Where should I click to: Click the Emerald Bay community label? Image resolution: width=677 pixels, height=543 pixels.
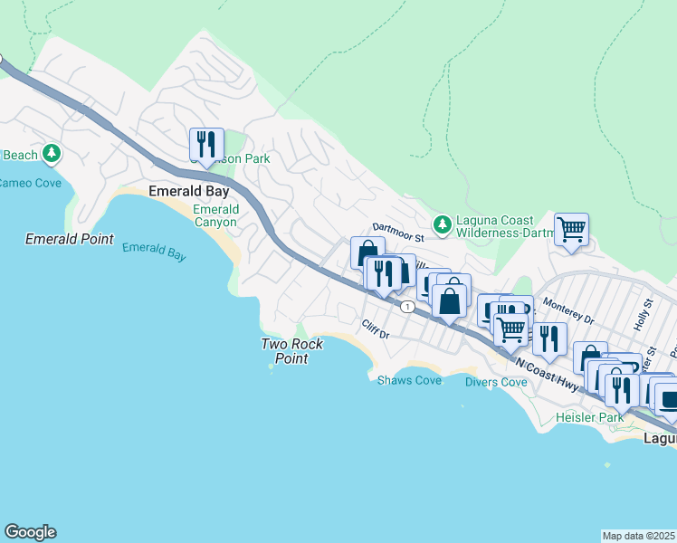(x=187, y=192)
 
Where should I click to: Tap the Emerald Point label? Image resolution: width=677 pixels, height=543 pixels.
(x=70, y=240)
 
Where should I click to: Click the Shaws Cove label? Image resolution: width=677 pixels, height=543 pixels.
(x=409, y=381)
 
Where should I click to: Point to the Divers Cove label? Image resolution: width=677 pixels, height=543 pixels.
(x=496, y=383)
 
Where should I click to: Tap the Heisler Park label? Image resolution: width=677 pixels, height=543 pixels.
(x=592, y=418)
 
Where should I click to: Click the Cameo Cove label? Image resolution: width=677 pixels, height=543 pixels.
(x=31, y=184)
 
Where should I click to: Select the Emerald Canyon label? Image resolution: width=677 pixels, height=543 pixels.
(x=215, y=216)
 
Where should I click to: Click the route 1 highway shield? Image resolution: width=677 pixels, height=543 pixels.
(x=408, y=308)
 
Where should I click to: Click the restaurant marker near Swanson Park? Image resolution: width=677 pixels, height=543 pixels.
(x=206, y=144)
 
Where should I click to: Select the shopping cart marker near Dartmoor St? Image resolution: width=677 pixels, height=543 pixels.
(x=571, y=229)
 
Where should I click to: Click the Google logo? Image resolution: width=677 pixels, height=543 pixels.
(x=30, y=532)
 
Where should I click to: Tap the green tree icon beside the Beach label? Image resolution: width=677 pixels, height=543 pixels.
(x=52, y=155)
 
